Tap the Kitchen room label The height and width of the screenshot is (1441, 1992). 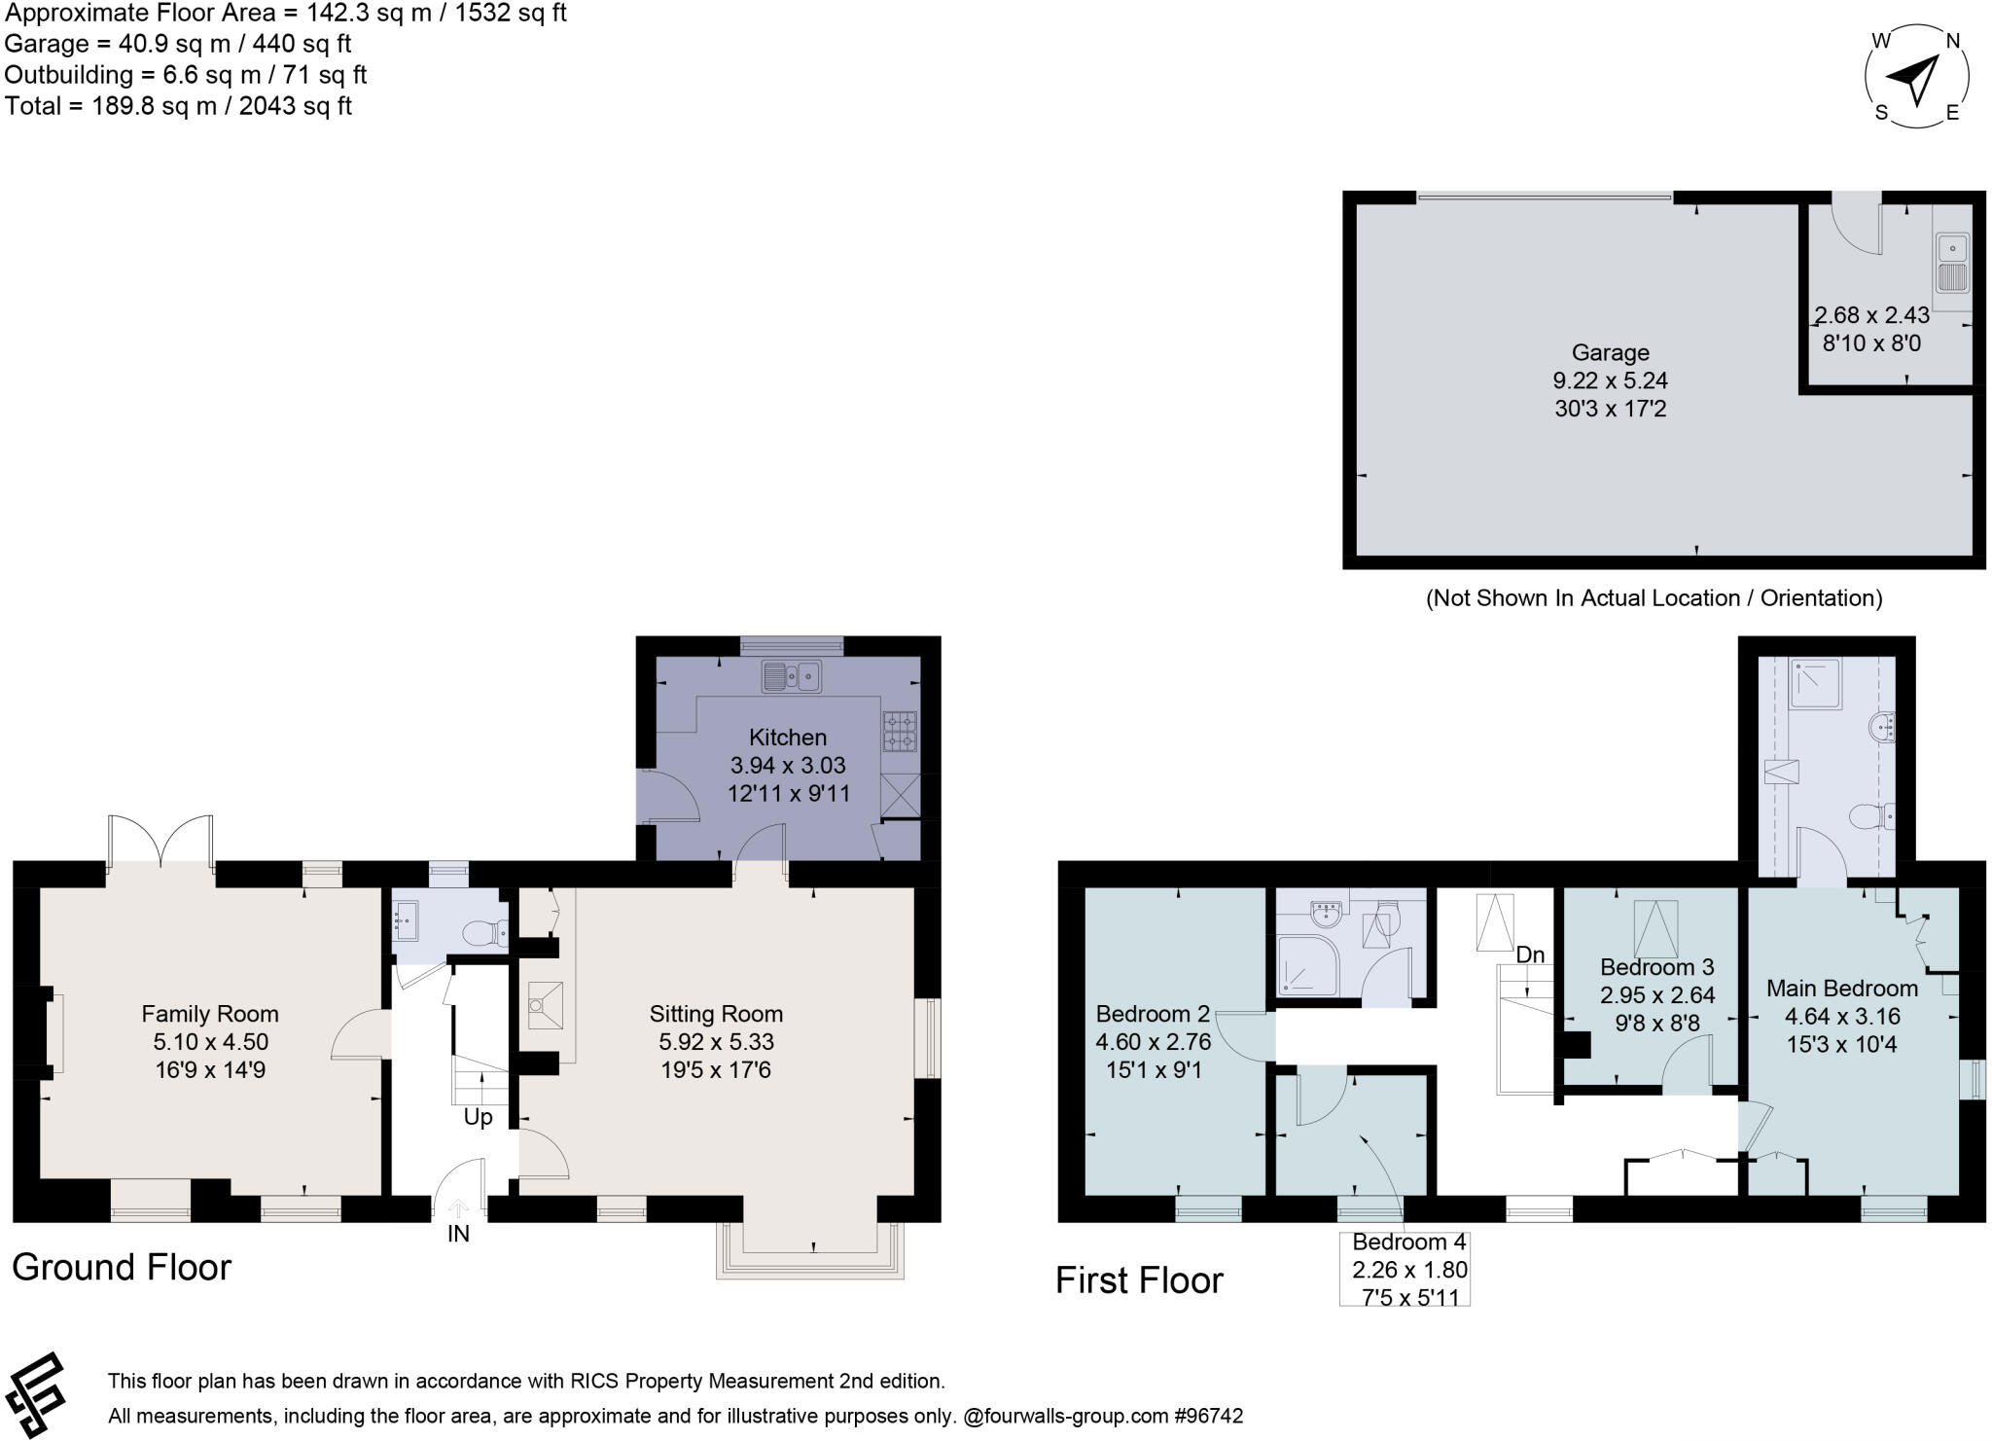788,738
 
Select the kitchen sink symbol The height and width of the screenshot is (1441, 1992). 792,675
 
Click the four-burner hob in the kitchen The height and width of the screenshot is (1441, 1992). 900,732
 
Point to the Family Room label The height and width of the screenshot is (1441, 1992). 210,1014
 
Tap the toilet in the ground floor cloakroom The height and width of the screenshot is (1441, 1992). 483,934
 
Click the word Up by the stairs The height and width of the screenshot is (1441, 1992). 478,1117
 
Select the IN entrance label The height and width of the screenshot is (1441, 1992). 458,1234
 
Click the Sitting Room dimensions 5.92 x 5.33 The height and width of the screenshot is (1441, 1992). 716,1042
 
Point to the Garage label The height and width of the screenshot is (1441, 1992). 1610,352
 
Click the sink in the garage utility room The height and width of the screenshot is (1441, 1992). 1952,262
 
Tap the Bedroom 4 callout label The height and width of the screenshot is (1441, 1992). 1408,1243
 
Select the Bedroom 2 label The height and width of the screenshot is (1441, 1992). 1153,1014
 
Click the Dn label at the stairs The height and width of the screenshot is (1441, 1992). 1530,955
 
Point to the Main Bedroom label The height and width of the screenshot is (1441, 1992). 1841,989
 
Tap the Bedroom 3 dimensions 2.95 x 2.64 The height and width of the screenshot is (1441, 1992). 1657,995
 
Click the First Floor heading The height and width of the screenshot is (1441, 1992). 1139,1280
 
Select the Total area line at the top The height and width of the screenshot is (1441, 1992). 178,106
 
